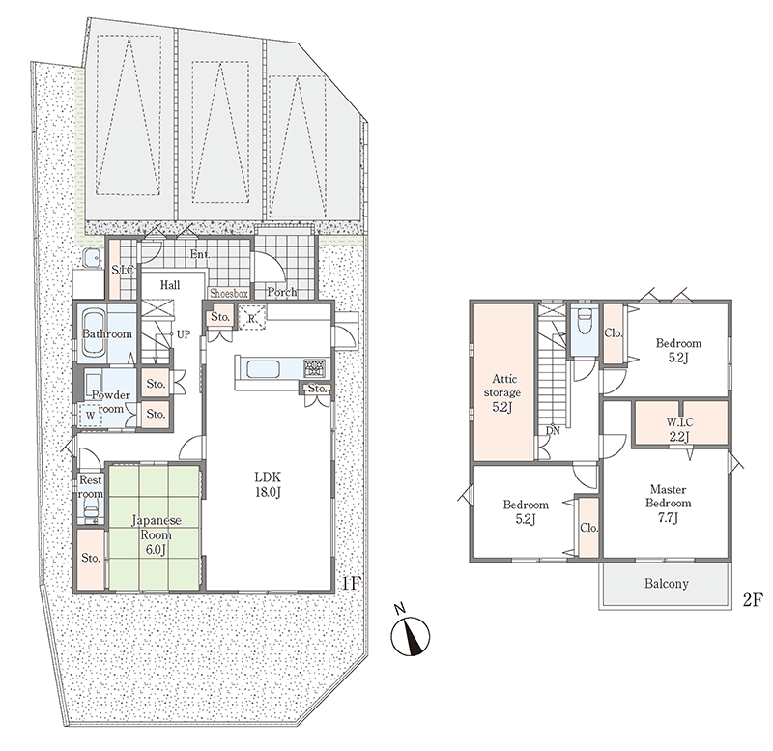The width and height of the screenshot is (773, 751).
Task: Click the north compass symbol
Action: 410,635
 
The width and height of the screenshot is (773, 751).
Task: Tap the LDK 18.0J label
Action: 268,484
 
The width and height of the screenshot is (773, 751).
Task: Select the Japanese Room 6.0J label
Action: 157,535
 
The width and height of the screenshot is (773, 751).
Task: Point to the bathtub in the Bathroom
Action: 94,332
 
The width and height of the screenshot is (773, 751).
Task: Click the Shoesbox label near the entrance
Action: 229,294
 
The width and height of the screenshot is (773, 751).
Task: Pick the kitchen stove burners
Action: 313,368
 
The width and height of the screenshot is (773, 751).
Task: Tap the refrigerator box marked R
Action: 251,318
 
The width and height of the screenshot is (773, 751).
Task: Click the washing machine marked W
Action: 90,416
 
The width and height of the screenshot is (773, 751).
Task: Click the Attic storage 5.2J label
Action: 503,392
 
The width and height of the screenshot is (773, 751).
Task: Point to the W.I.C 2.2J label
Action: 679,429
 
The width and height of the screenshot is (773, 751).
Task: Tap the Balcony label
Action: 666,584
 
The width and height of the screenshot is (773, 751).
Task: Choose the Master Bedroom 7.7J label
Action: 668,503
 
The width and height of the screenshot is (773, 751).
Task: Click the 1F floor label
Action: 352,584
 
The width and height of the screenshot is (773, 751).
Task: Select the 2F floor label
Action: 753,600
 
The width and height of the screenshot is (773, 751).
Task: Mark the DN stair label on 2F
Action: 553,430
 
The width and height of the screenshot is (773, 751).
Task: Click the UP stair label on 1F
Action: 183,334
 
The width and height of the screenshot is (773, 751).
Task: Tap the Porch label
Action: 282,292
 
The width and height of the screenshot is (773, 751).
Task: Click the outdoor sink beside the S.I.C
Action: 92,257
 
